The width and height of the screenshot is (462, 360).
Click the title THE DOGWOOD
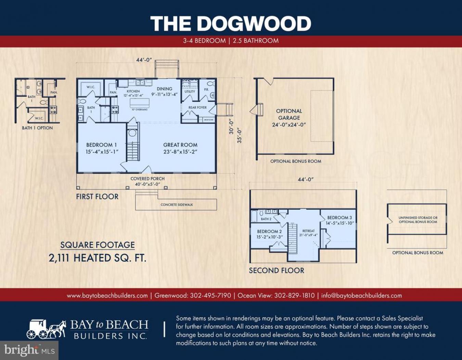[x=231, y=24]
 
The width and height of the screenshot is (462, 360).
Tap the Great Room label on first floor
[x=180, y=148]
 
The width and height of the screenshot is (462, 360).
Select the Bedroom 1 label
[x=102, y=148]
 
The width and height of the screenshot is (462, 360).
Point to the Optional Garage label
[x=289, y=117]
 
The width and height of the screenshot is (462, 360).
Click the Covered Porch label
[x=147, y=181]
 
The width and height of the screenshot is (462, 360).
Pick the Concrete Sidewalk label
[x=177, y=204]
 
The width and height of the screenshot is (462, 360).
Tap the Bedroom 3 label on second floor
[x=339, y=220]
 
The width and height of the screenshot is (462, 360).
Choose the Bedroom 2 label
[x=269, y=234]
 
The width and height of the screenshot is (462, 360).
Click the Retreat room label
[x=308, y=233]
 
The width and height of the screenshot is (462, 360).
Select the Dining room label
[x=164, y=91]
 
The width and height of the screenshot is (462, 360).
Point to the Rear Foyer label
[x=197, y=107]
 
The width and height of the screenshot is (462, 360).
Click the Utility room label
[x=190, y=91]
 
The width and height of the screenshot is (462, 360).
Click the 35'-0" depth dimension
[x=239, y=136]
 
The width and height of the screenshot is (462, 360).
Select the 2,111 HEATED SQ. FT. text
[x=98, y=258]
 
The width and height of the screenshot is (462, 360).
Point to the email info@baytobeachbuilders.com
[x=361, y=295]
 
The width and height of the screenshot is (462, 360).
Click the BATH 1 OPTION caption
[x=37, y=128]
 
